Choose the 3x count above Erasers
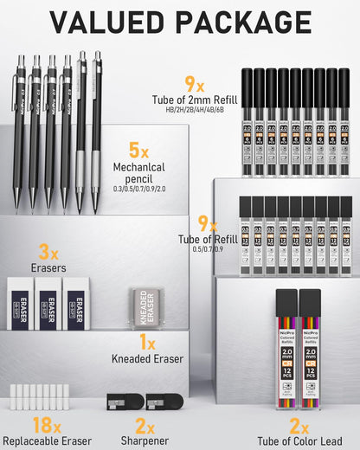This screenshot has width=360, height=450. pyautogui.click(x=48, y=252)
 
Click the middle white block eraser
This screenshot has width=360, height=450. pyautogui.click(x=49, y=304)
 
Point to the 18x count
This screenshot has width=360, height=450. pyautogui.click(x=42, y=426)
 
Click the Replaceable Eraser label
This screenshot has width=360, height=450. pyautogui.click(x=48, y=442)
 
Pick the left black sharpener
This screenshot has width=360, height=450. pyautogui.click(x=119, y=402)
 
